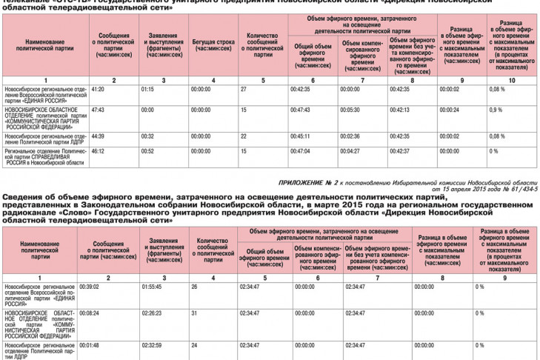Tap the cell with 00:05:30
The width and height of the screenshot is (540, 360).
(x=350, y=109)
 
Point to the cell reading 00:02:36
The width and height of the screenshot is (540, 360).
(x=350, y=136)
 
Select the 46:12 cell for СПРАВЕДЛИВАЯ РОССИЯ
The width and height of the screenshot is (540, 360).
(x=99, y=150)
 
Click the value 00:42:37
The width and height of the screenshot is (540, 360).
(x=399, y=150)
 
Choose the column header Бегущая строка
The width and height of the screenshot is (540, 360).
(x=212, y=44)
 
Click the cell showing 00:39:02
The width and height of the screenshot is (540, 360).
(x=89, y=286)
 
